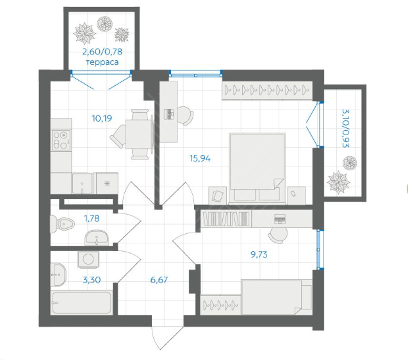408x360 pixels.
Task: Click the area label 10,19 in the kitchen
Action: coord(102,119)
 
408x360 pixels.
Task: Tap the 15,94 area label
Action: coord(200,158)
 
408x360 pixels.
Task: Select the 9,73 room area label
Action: coord(259,254)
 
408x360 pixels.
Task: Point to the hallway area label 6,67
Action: coord(159,280)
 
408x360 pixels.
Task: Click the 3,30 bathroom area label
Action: coord(92,280)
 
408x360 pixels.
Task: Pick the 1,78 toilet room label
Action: coord(92,218)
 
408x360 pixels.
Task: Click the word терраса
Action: coord(102,62)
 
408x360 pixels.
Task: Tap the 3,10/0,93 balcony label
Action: coord(346,129)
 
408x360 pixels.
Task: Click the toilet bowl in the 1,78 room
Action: coord(62,224)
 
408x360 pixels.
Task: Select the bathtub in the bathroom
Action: coord(82,303)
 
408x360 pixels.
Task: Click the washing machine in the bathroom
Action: coord(88,259)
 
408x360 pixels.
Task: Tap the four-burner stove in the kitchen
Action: coord(61,140)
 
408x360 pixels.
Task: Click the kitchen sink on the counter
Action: coord(82,183)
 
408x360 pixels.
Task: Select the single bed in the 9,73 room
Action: coord(277,297)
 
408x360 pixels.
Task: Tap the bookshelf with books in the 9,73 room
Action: coord(226,218)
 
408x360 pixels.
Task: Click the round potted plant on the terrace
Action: coord(104,24)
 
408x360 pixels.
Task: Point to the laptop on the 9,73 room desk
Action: coord(280,218)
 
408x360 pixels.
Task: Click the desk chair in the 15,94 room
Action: coord(186,115)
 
